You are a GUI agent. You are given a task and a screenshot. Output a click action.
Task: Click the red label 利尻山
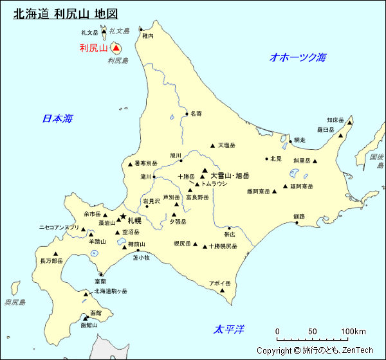coord(93,48)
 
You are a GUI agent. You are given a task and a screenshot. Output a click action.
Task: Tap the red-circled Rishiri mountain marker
coord(116,48)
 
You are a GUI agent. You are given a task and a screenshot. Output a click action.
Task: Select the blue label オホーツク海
coord(298,57)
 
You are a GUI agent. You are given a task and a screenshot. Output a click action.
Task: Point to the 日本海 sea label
coord(57,118)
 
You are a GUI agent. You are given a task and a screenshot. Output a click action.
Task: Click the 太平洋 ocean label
coord(230,330)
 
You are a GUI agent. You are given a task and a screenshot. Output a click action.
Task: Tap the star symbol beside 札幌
coord(122,217)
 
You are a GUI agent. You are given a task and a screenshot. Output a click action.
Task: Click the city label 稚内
coord(149,36)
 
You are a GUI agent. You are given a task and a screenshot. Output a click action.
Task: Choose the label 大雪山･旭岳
coord(230,175)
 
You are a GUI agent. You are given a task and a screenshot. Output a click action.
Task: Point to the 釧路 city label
coord(299,217)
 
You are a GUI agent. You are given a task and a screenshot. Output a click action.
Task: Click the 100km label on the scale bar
coord(353,332)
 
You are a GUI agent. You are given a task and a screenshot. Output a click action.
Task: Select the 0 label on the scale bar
coord(277,332)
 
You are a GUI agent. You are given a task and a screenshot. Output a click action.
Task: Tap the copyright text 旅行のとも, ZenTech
coord(315,350)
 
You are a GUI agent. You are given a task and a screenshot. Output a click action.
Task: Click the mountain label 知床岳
coord(335,120)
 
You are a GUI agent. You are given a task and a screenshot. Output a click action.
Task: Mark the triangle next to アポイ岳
coord(223,291)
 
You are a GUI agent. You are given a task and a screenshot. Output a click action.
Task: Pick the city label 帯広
coord(230,235)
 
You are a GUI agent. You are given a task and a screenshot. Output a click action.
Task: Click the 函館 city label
coord(96,312)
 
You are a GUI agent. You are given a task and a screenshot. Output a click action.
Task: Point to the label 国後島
coord(377,161)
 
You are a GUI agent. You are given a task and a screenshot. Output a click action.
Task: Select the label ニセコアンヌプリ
coord(59,227)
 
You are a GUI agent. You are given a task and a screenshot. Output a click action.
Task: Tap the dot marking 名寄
coord(187,114)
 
